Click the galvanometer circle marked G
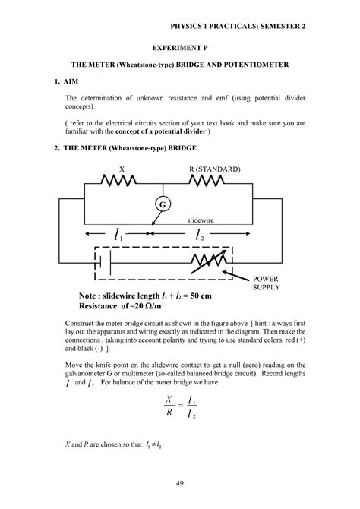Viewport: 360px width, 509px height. click(162, 204)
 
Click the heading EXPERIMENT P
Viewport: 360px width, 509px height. click(180, 46)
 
